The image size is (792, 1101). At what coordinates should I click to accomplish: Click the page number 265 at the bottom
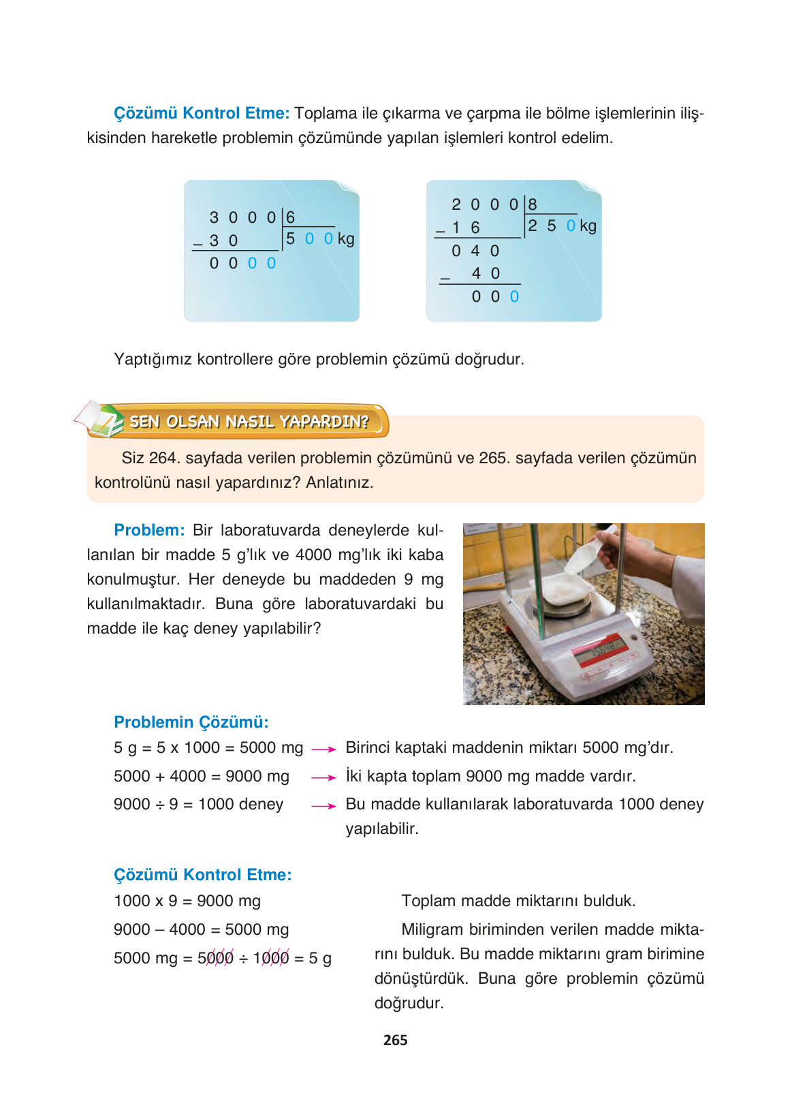tap(395, 1040)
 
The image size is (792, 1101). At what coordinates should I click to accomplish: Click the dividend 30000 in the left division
tap(242, 217)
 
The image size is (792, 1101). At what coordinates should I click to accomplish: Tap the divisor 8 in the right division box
tap(533, 204)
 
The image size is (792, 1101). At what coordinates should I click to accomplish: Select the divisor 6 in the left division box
tap(290, 217)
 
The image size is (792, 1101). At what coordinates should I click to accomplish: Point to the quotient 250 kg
tap(561, 226)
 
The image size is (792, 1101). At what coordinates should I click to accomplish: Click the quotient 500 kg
tap(319, 238)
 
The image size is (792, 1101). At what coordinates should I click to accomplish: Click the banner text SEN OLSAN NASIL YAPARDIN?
tap(249, 422)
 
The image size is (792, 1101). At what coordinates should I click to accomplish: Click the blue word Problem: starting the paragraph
tap(149, 530)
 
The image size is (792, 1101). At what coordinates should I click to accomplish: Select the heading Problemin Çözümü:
tap(191, 722)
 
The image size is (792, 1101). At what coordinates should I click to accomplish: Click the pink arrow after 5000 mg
tap(323, 749)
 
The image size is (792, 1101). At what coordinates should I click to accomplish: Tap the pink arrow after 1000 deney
tap(323, 806)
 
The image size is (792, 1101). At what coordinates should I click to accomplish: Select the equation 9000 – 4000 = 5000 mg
tap(201, 929)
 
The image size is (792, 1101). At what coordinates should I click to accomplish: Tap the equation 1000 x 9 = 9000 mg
tap(187, 901)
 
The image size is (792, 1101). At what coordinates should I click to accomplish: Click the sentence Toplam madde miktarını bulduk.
tap(518, 901)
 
